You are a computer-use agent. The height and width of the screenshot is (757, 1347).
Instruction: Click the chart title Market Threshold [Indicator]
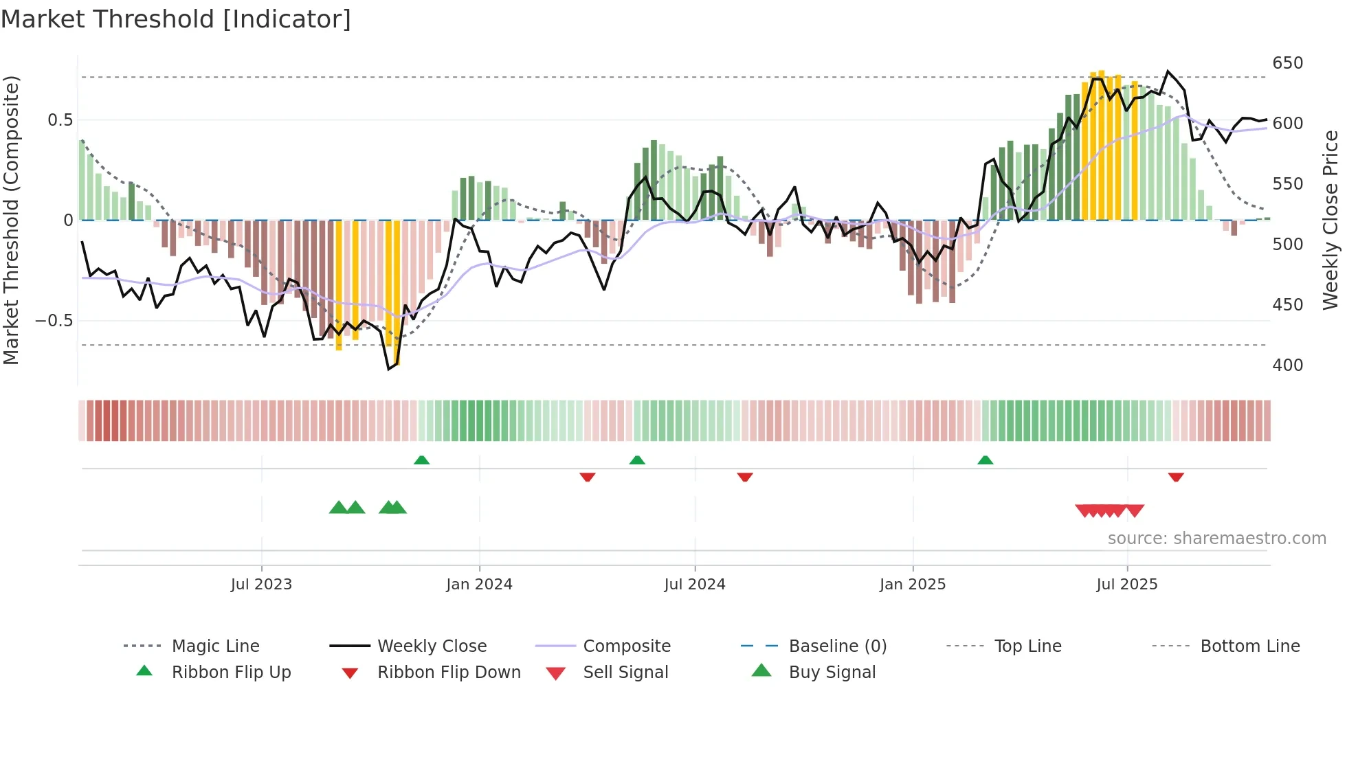(176, 19)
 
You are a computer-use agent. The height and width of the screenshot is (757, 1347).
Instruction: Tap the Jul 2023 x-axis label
(261, 585)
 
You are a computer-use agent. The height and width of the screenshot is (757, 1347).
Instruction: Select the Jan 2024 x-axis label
(479, 585)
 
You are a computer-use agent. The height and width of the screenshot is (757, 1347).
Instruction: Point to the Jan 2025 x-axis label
(913, 585)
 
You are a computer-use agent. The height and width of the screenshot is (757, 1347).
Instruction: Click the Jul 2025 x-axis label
(1127, 585)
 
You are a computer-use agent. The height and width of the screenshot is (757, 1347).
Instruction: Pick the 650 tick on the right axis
(1287, 63)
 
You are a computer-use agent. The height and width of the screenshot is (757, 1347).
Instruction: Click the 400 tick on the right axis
(1287, 365)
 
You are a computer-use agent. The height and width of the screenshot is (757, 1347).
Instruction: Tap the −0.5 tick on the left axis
(54, 321)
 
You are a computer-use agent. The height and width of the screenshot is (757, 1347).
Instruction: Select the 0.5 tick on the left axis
(60, 120)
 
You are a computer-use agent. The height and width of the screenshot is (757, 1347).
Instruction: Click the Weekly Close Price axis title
(1331, 220)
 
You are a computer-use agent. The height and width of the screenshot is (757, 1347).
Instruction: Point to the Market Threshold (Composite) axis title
(11, 220)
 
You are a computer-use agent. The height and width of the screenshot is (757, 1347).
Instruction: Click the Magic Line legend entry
(215, 646)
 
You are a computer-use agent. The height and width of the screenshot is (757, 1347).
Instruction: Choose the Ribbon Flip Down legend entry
(449, 673)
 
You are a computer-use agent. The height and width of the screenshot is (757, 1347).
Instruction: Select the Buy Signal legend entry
(832, 673)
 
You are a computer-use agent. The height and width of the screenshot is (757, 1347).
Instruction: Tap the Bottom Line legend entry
(1249, 646)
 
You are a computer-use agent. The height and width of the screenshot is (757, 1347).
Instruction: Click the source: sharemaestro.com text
(1216, 539)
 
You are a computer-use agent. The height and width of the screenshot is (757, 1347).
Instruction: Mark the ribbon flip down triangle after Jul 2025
(1176, 477)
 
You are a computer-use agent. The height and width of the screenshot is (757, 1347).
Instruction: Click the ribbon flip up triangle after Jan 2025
(985, 460)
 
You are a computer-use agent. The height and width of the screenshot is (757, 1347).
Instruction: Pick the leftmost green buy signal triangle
(338, 508)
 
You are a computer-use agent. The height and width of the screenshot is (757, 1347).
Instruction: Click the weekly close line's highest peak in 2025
(1168, 71)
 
